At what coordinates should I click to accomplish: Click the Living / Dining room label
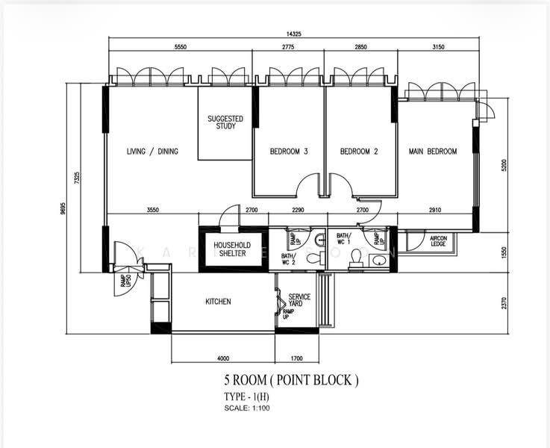(x=152, y=152)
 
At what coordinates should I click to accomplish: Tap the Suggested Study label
(x=225, y=122)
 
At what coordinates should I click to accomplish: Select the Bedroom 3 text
(x=289, y=152)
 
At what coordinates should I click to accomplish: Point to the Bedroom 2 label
(x=359, y=152)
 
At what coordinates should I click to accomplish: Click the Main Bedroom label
(x=433, y=152)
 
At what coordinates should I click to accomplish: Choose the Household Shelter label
(x=231, y=249)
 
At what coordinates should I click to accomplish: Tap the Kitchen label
(x=218, y=302)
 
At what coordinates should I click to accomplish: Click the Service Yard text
(x=299, y=301)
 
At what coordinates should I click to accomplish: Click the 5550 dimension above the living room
(x=179, y=47)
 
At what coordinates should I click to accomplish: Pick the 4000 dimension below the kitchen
(x=222, y=358)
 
